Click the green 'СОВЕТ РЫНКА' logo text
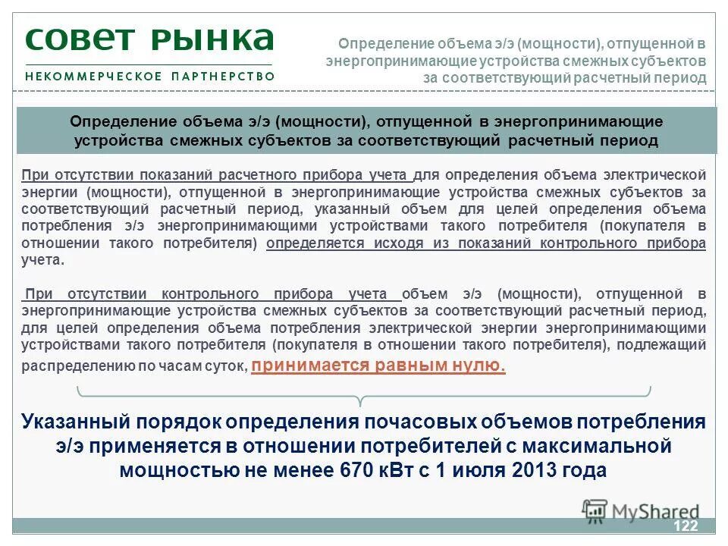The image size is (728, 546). (149, 39)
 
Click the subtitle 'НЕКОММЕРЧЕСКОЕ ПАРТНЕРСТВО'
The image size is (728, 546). (149, 76)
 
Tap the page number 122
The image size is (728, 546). (685, 526)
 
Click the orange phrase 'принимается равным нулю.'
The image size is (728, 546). (378, 366)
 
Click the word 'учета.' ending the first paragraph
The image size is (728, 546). (43, 259)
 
